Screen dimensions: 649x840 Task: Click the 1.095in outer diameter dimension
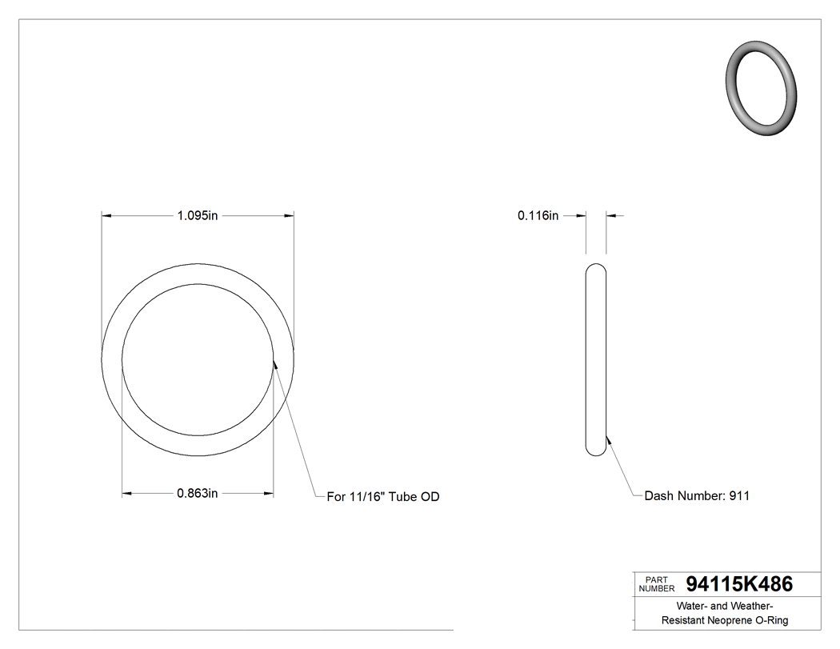[198, 215]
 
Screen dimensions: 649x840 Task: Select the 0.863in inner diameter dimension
[198, 494]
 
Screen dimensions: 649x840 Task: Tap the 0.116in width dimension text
[538, 215]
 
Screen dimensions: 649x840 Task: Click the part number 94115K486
[739, 585]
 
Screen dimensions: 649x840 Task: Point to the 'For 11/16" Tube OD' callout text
[383, 497]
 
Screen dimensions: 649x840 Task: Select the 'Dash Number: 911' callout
[697, 496]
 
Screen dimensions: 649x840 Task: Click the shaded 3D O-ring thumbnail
[762, 86]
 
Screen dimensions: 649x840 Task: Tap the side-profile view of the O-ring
[596, 359]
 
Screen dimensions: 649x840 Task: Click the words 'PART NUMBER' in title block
[656, 584]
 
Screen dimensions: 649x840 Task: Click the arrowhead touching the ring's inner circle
[274, 364]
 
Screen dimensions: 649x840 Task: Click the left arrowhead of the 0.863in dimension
[126, 494]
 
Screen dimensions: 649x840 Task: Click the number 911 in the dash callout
[739, 496]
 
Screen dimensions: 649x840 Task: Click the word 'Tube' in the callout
[402, 497]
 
